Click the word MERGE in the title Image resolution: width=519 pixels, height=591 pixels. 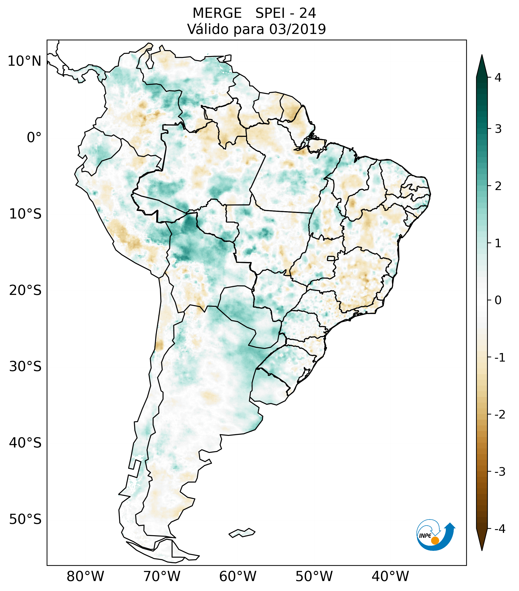pos(217,13)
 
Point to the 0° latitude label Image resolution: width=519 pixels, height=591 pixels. pos(34,137)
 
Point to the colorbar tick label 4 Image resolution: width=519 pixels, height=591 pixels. pos(498,78)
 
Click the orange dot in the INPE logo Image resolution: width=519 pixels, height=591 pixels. pos(435,540)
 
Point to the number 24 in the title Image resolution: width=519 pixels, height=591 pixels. pos(307,13)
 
